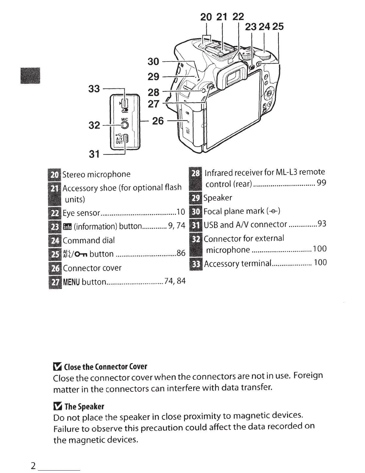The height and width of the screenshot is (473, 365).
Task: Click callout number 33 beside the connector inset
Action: (94, 88)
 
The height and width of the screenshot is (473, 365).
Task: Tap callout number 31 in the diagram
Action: (94, 154)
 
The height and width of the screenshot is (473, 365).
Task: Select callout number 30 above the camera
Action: (153, 62)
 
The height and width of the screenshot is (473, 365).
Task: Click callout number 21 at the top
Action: (222, 17)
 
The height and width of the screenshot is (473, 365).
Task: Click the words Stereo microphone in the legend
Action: (96, 174)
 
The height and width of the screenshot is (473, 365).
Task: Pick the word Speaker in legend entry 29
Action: (218, 198)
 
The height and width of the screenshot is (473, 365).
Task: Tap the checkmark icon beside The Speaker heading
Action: (57, 406)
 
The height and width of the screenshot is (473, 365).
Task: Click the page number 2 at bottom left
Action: (33, 466)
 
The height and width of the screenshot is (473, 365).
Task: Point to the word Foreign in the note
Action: (308, 375)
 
